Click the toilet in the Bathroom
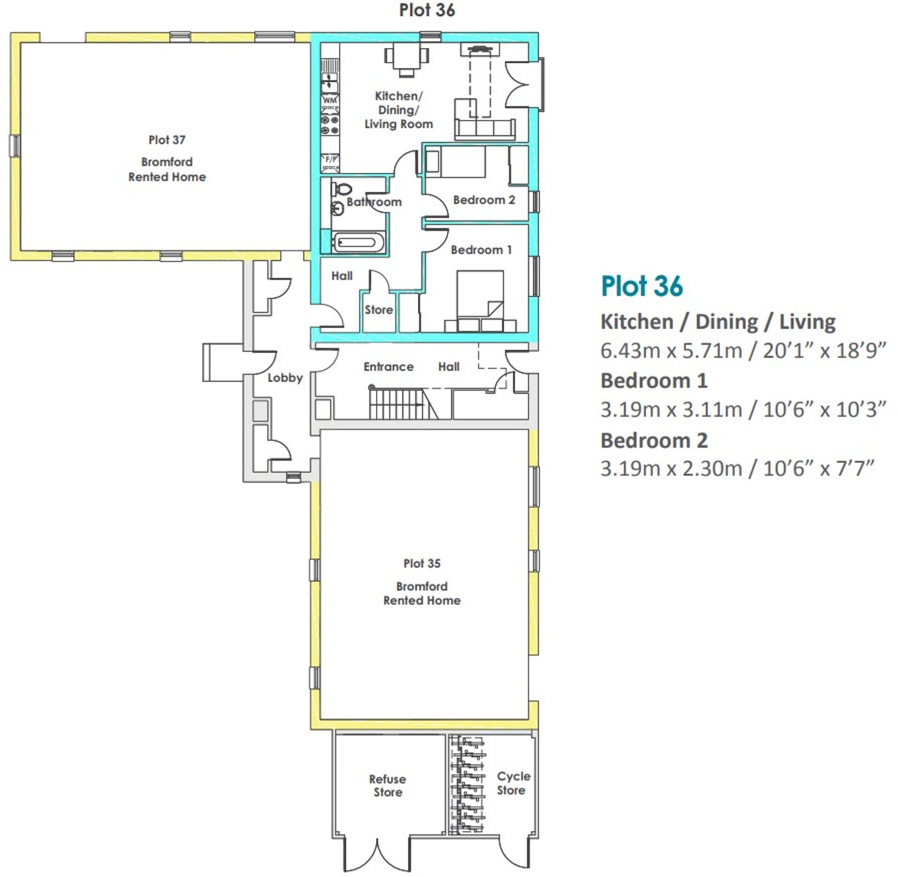pyautogui.click(x=342, y=189)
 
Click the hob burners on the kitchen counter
pyautogui.click(x=330, y=124)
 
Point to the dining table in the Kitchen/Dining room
pyautogui.click(x=406, y=58)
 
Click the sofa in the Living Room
pyautogui.click(x=484, y=128)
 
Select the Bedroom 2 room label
pyautogui.click(x=484, y=200)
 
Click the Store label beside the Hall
pyautogui.click(x=378, y=309)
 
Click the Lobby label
pyautogui.click(x=285, y=377)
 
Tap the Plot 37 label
pyautogui.click(x=167, y=140)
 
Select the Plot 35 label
pyautogui.click(x=422, y=563)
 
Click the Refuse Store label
pyautogui.click(x=387, y=785)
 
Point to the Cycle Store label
pyautogui.click(x=513, y=783)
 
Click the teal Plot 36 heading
pyautogui.click(x=641, y=286)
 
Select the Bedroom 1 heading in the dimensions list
pyautogui.click(x=653, y=381)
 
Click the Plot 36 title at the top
pyautogui.click(x=426, y=10)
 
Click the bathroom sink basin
pyautogui.click(x=338, y=207)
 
